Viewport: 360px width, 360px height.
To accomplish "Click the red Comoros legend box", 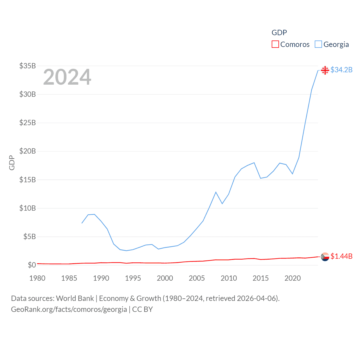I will (275, 44).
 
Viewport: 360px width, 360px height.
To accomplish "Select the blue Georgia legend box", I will (318, 44).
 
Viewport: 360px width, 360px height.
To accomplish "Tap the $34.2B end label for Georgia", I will (341, 70).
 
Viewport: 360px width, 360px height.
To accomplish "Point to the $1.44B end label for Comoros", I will (341, 256).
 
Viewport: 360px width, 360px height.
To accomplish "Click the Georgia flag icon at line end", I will (325, 70).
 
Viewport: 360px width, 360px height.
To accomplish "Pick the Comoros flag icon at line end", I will (325, 256).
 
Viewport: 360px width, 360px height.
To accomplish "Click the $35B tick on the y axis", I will (28, 66).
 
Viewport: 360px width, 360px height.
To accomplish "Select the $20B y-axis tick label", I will (28, 151).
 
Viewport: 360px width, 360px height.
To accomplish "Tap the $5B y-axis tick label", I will (30, 237).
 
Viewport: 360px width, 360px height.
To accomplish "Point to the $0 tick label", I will (32, 265).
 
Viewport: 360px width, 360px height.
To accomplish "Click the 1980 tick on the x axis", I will (37, 278).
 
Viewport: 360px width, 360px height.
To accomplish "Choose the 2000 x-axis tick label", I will (165, 278).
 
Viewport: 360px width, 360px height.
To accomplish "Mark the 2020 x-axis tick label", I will (292, 278).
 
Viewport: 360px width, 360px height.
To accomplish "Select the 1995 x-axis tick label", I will (133, 278).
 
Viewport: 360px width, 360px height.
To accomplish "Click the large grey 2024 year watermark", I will (67, 77).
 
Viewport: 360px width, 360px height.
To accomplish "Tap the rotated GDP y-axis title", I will (12, 163).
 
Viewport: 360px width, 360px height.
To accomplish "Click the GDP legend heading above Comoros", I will (279, 33).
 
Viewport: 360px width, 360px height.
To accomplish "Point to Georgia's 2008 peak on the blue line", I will (216, 192).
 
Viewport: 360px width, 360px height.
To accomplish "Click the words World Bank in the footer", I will (75, 298).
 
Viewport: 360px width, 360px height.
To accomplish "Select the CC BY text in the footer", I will (142, 309).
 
